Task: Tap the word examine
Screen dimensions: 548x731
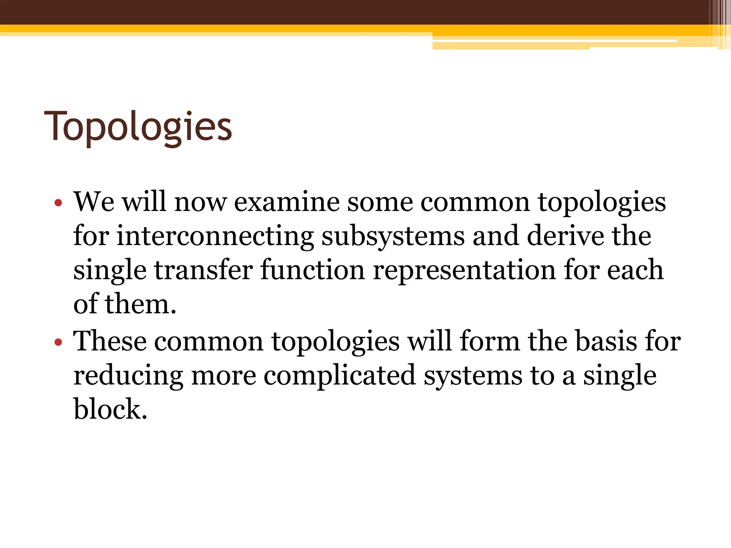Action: [287, 202]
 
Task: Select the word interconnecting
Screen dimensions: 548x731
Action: [215, 236]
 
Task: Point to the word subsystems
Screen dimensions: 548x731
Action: [393, 237]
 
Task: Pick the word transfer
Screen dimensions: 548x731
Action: [203, 270]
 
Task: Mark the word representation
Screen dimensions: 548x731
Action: [464, 271]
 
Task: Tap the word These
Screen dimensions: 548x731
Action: [110, 341]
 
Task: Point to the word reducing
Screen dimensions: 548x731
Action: [128, 376]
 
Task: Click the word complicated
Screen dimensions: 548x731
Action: [340, 376]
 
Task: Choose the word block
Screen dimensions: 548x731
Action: [110, 409]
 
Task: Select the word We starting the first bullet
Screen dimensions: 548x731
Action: [94, 202]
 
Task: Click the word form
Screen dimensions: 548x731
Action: [490, 341]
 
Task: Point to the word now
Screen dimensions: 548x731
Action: [200, 203]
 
